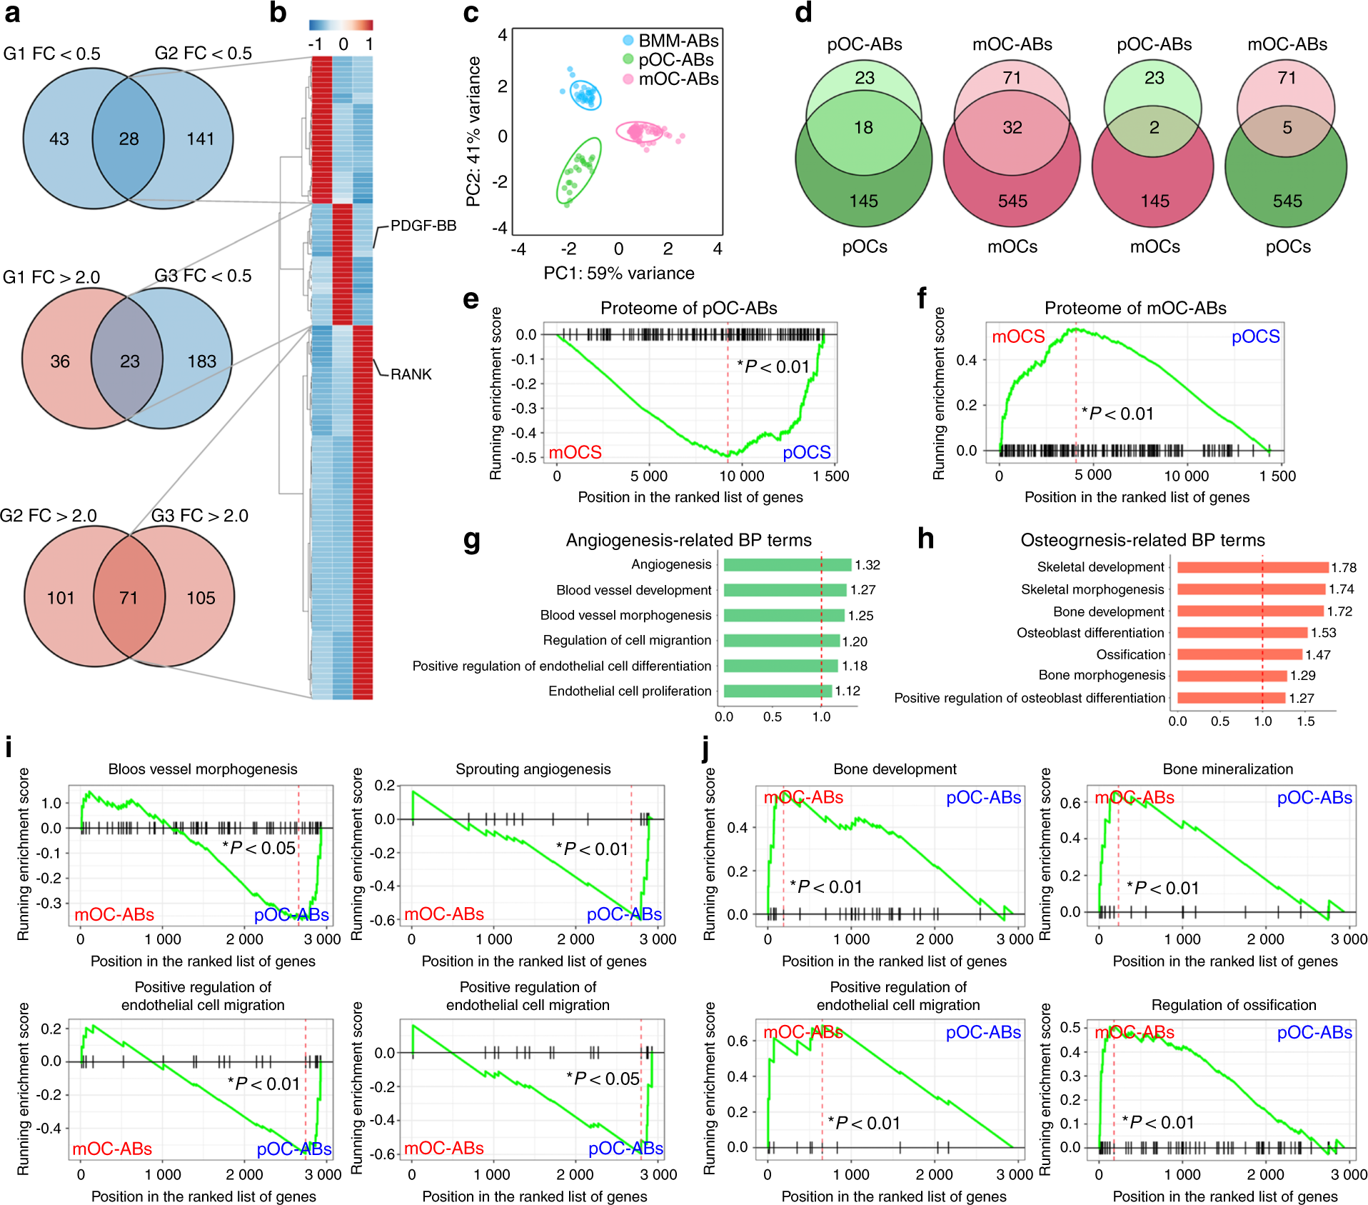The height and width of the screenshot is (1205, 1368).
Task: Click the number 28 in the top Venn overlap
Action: point(129,139)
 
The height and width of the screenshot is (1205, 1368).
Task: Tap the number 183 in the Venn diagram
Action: point(201,361)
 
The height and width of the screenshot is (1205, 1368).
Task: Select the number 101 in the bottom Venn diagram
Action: point(61,598)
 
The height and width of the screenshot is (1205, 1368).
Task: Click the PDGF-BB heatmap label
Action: point(423,226)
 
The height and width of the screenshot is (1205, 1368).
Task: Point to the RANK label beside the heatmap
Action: point(411,374)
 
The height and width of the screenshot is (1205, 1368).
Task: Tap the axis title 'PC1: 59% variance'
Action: point(618,274)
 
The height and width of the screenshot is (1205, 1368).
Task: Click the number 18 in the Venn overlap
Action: point(863,128)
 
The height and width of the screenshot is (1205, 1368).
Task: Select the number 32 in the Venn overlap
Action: point(1012,128)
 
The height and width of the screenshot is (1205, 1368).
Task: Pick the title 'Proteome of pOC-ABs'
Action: point(688,308)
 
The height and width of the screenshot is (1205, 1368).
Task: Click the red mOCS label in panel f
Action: point(1018,336)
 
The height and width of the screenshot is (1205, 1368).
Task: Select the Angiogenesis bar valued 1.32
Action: point(787,565)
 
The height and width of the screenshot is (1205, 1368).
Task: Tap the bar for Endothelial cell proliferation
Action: point(777,691)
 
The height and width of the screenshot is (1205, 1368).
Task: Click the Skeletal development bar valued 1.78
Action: point(1252,567)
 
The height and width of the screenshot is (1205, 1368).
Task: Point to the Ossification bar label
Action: point(1130,654)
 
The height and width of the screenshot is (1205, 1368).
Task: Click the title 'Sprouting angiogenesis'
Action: point(533,769)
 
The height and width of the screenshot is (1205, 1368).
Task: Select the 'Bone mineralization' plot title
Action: point(1227,769)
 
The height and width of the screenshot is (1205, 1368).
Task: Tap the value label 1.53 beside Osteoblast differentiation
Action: point(1323,633)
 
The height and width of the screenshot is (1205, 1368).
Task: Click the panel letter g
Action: point(471,540)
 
